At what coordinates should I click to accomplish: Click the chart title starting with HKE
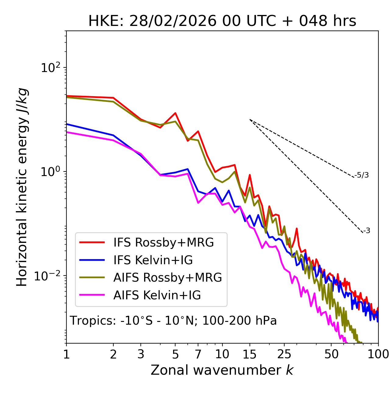coord(222,21)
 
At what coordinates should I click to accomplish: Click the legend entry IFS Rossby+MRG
coord(163,242)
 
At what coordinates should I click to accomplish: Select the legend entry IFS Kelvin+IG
coord(153,260)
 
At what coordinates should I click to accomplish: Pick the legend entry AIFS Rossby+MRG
coord(168,278)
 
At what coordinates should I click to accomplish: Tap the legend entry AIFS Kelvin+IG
coord(157,295)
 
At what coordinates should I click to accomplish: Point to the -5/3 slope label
coord(362,175)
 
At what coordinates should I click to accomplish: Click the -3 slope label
coord(367,231)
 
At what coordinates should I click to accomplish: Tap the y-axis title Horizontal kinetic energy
coord(22,187)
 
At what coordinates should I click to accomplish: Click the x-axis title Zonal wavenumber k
coord(222,370)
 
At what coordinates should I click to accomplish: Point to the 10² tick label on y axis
coord(51,68)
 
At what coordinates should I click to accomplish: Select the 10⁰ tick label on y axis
coord(51,172)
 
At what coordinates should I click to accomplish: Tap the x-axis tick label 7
coord(198,354)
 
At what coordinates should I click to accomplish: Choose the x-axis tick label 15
coord(250,354)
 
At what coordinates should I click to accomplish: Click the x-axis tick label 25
coord(284,354)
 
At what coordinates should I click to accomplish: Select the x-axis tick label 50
coord(331,354)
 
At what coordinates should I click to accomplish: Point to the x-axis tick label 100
coord(378,354)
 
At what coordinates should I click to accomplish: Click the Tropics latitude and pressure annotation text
coord(173,321)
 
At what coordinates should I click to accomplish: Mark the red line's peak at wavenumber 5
coord(175,113)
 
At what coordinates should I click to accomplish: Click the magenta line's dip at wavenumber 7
coord(198,203)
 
